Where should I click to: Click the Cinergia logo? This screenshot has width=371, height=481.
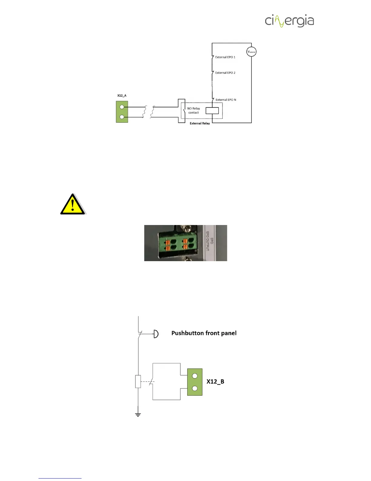(289, 21)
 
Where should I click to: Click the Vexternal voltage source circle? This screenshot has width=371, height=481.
(251, 52)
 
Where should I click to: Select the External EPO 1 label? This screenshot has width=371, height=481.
(225, 57)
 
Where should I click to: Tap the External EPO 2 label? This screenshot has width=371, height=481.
(225, 73)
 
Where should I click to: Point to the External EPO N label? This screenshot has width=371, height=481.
(226, 100)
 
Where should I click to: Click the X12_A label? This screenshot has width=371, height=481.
(122, 96)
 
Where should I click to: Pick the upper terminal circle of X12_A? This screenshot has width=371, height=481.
(122, 107)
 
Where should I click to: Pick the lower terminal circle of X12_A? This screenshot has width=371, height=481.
(122, 117)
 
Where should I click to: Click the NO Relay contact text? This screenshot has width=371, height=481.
(193, 111)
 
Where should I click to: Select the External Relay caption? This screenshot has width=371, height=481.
(200, 123)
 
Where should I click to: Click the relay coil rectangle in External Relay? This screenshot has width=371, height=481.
(212, 111)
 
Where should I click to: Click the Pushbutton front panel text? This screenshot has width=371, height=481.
(204, 333)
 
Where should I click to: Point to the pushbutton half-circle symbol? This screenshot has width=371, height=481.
(156, 334)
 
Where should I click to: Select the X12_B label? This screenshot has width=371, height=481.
(215, 382)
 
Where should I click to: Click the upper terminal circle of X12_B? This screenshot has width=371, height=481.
(195, 376)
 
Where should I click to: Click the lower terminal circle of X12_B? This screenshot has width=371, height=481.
(195, 388)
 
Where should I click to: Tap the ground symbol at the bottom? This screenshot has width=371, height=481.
(138, 414)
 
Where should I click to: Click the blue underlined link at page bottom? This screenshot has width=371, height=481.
(60, 478)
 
